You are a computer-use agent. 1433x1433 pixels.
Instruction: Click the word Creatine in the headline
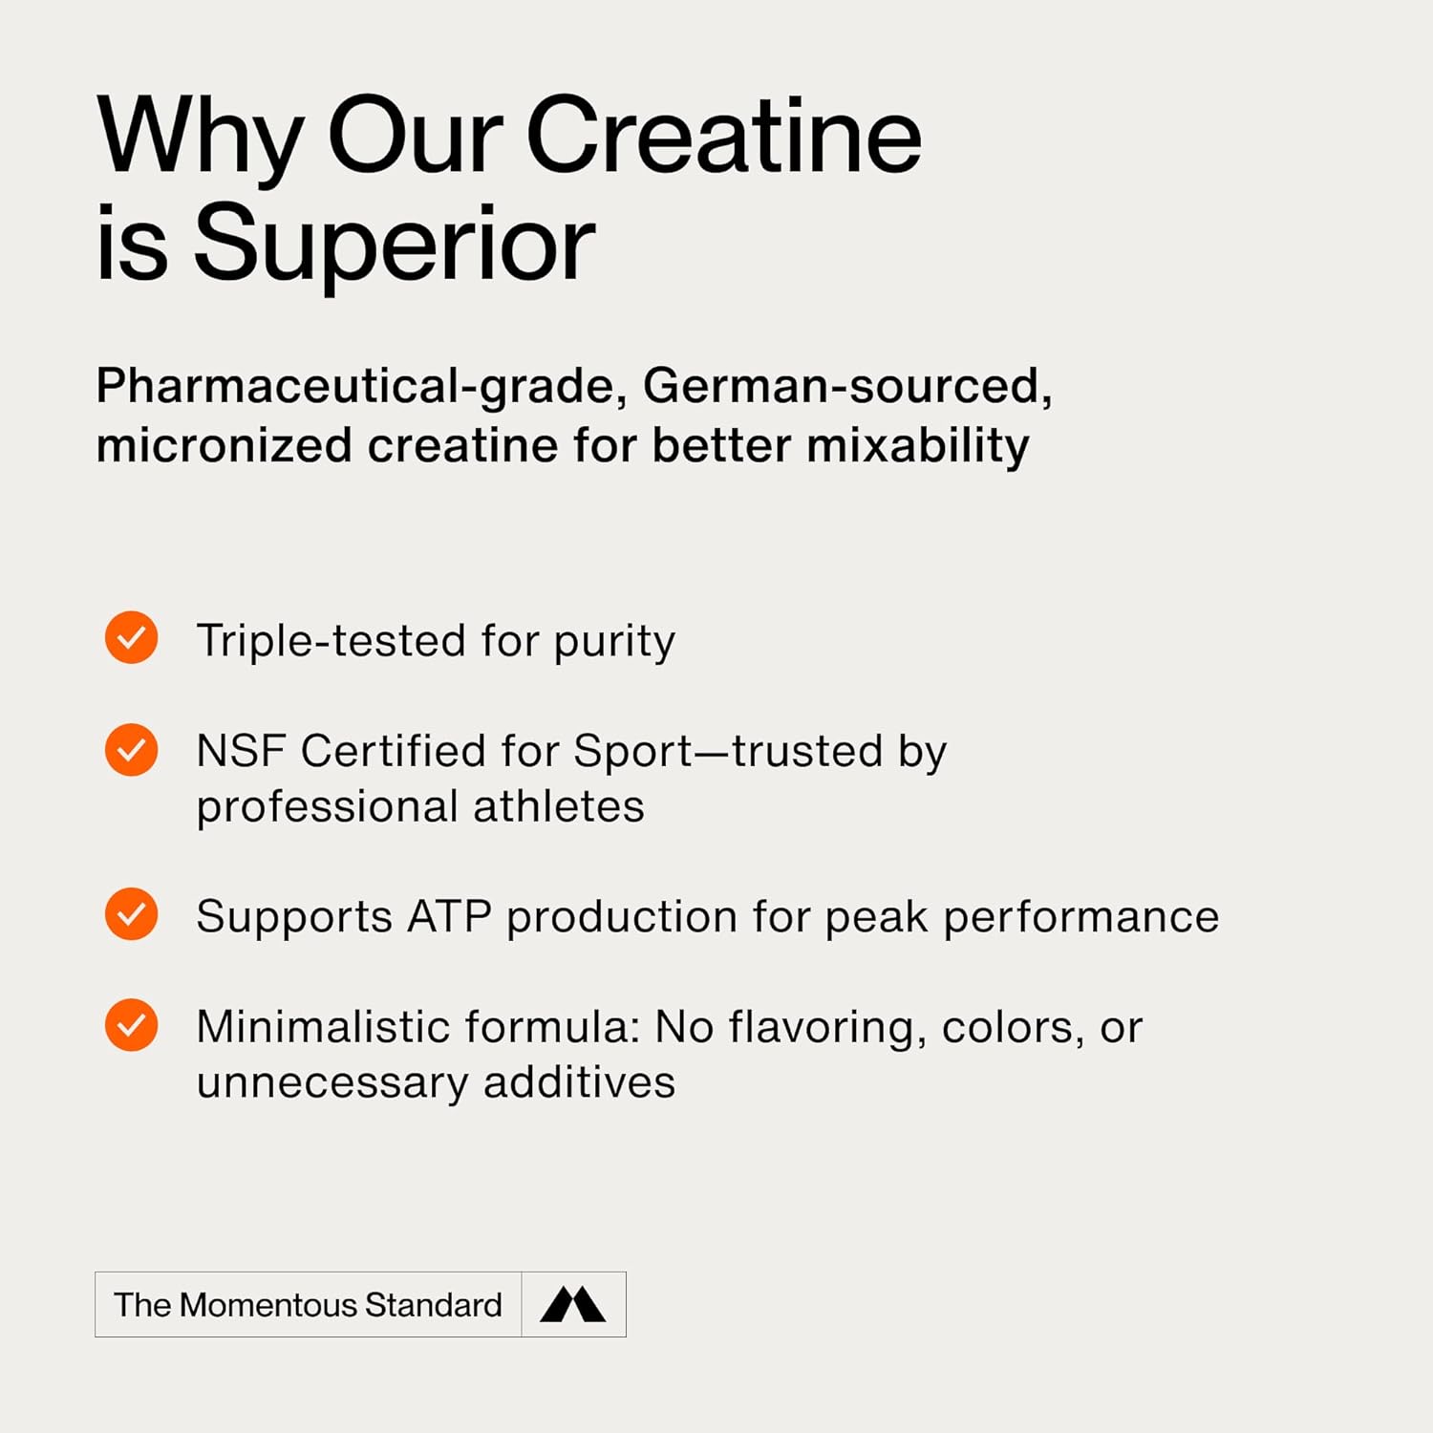click(x=723, y=137)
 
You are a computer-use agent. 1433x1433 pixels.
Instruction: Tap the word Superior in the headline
click(x=395, y=245)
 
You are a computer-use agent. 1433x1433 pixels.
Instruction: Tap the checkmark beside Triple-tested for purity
click(x=131, y=637)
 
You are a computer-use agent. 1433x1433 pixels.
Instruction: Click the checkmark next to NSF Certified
click(x=131, y=749)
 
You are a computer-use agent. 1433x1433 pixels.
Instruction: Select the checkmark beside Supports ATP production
click(x=131, y=914)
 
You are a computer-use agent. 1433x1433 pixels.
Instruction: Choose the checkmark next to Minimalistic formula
click(x=131, y=1025)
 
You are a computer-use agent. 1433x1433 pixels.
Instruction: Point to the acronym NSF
click(x=241, y=751)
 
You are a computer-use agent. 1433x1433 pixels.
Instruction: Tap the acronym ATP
click(x=449, y=917)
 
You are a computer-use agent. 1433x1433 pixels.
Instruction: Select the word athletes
click(x=559, y=806)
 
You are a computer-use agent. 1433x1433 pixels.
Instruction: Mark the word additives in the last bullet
click(x=579, y=1082)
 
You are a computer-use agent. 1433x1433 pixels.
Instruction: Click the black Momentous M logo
click(x=572, y=1304)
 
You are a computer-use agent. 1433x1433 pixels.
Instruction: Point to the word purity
click(x=614, y=642)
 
